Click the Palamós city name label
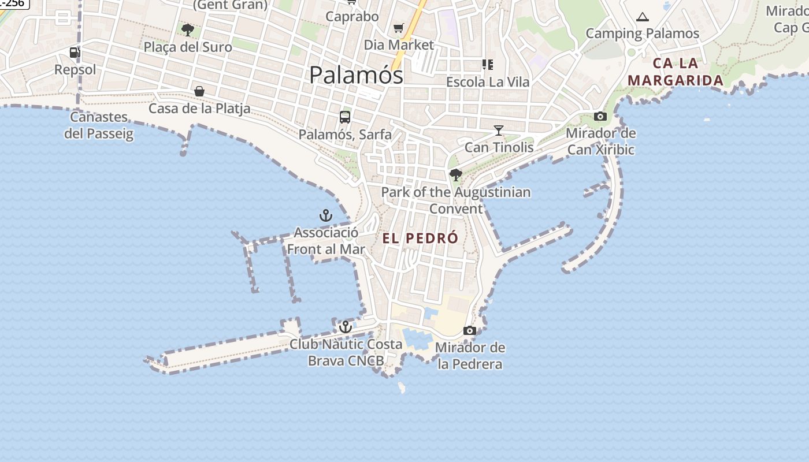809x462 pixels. (x=356, y=75)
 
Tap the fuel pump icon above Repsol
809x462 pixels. (x=75, y=53)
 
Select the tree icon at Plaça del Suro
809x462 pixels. (x=187, y=29)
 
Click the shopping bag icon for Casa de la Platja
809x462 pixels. (x=199, y=91)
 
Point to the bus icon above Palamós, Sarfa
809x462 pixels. (x=345, y=117)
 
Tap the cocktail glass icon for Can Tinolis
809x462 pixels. (x=499, y=131)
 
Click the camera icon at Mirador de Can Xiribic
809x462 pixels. (x=600, y=117)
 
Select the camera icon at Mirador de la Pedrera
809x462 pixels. (x=470, y=331)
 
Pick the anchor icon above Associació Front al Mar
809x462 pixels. (x=326, y=216)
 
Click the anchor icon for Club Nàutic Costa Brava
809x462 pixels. (x=345, y=327)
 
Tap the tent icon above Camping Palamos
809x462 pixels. (x=642, y=17)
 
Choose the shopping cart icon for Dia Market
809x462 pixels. (x=399, y=28)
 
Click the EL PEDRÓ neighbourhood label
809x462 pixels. (x=420, y=238)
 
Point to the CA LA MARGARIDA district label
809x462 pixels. (x=676, y=72)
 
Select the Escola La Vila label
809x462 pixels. (x=488, y=81)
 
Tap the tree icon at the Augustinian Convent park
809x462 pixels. (x=456, y=174)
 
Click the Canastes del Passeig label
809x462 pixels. (x=99, y=125)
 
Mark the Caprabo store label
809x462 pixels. (x=352, y=16)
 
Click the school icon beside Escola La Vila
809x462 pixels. (x=488, y=65)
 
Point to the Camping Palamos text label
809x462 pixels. (x=643, y=33)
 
